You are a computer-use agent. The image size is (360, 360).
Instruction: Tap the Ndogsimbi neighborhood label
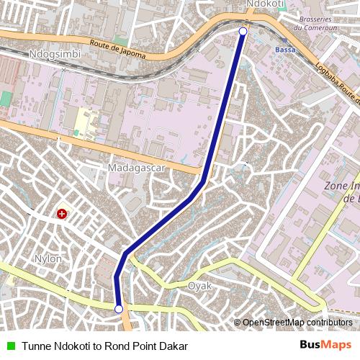click(55, 54)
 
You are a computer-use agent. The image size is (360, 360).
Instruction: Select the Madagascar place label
click(136, 168)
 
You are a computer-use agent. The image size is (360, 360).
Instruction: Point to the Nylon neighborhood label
click(48, 258)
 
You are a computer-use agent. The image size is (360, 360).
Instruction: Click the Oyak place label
click(199, 286)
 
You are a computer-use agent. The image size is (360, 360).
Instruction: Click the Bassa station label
click(285, 50)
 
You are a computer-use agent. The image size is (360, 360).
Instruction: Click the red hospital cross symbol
click(63, 214)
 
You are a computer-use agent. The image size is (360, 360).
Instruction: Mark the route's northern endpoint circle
click(243, 32)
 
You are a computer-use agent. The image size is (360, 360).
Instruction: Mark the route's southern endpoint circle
click(119, 309)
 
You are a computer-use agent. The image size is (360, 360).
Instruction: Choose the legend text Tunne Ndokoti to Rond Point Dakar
click(104, 346)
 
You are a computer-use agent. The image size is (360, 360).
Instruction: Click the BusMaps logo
click(325, 346)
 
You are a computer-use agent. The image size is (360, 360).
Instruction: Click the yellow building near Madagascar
click(86, 122)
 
